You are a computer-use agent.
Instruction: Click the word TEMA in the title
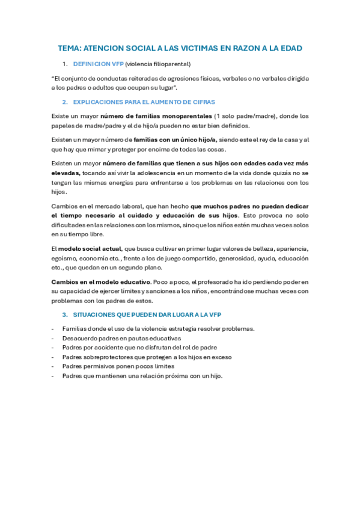click(x=69, y=48)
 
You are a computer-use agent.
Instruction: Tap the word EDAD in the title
click(x=290, y=48)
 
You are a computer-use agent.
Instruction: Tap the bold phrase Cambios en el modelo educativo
click(x=101, y=281)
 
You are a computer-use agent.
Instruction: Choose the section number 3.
click(x=65, y=315)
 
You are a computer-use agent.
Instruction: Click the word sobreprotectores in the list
click(x=108, y=357)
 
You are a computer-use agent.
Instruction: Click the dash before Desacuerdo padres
click(x=53, y=338)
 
